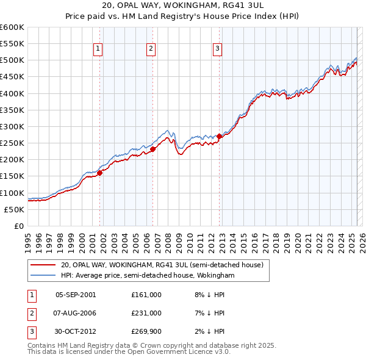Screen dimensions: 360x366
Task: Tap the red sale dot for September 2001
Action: [99, 173]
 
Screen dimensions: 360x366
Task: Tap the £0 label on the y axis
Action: [20, 226]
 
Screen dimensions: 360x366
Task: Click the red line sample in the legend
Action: [43, 265]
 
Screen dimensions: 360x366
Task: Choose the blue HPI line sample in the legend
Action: [43, 276]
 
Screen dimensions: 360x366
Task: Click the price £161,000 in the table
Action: [146, 294]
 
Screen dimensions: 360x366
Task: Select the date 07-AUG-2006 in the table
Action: [75, 313]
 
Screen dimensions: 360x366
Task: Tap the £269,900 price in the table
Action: [146, 332]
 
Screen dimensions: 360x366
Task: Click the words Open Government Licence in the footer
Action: [177, 351]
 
